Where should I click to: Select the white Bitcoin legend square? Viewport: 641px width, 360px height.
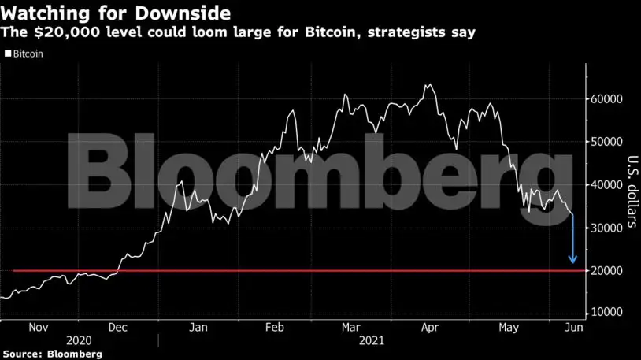click(x=8, y=54)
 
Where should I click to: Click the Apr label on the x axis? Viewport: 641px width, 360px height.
click(x=430, y=328)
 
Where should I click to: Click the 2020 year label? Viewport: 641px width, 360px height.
click(x=79, y=340)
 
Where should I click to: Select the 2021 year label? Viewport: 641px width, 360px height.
click(x=372, y=340)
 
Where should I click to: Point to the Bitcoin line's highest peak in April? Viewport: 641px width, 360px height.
click(x=428, y=84)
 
